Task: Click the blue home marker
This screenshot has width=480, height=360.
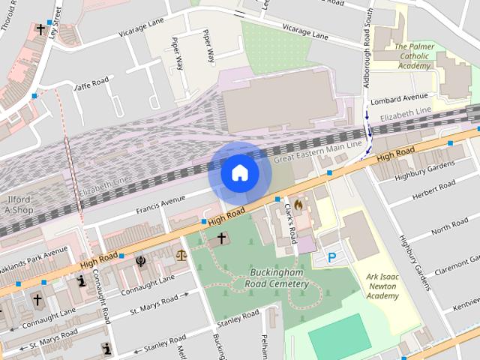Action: pyautogui.click(x=239, y=172)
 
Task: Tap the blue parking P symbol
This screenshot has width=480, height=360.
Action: pyautogui.click(x=331, y=258)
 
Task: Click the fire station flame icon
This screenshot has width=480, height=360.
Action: pyautogui.click(x=298, y=203)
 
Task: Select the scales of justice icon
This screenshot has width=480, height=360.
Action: pyautogui.click(x=179, y=254)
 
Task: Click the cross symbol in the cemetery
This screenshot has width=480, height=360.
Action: pyautogui.click(x=221, y=238)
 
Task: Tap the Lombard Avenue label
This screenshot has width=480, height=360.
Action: pyautogui.click(x=403, y=97)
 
